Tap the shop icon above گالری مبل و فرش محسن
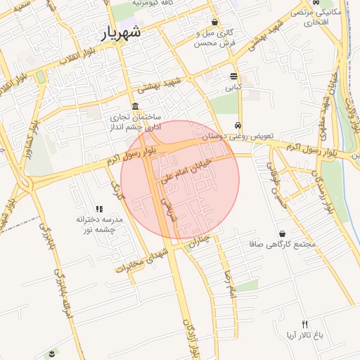click(x=214, y=22)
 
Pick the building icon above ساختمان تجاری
click(x=135, y=105)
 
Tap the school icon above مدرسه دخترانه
click(x=99, y=209)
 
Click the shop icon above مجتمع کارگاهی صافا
click(x=282, y=233)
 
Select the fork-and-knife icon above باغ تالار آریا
click(x=304, y=324)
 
